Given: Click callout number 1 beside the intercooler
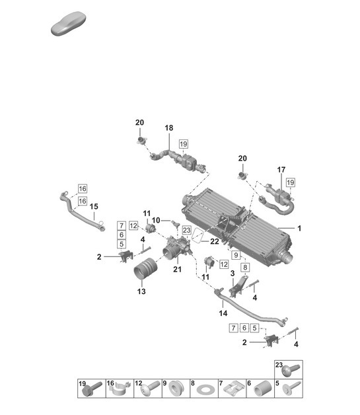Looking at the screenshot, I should click(299, 229).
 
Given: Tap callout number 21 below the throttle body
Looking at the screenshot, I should click(177, 269).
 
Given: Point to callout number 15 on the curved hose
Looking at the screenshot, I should click(94, 206).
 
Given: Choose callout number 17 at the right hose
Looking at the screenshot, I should click(281, 170).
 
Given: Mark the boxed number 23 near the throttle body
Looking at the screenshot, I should click(186, 231).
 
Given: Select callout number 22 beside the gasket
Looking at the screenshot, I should click(215, 242).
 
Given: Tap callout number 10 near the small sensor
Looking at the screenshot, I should click(156, 220).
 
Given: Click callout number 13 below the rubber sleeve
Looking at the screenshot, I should click(141, 291).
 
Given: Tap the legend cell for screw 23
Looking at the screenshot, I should click(288, 369).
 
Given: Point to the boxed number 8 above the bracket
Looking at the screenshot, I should click(244, 268).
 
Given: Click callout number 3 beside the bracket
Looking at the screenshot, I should click(232, 273).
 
